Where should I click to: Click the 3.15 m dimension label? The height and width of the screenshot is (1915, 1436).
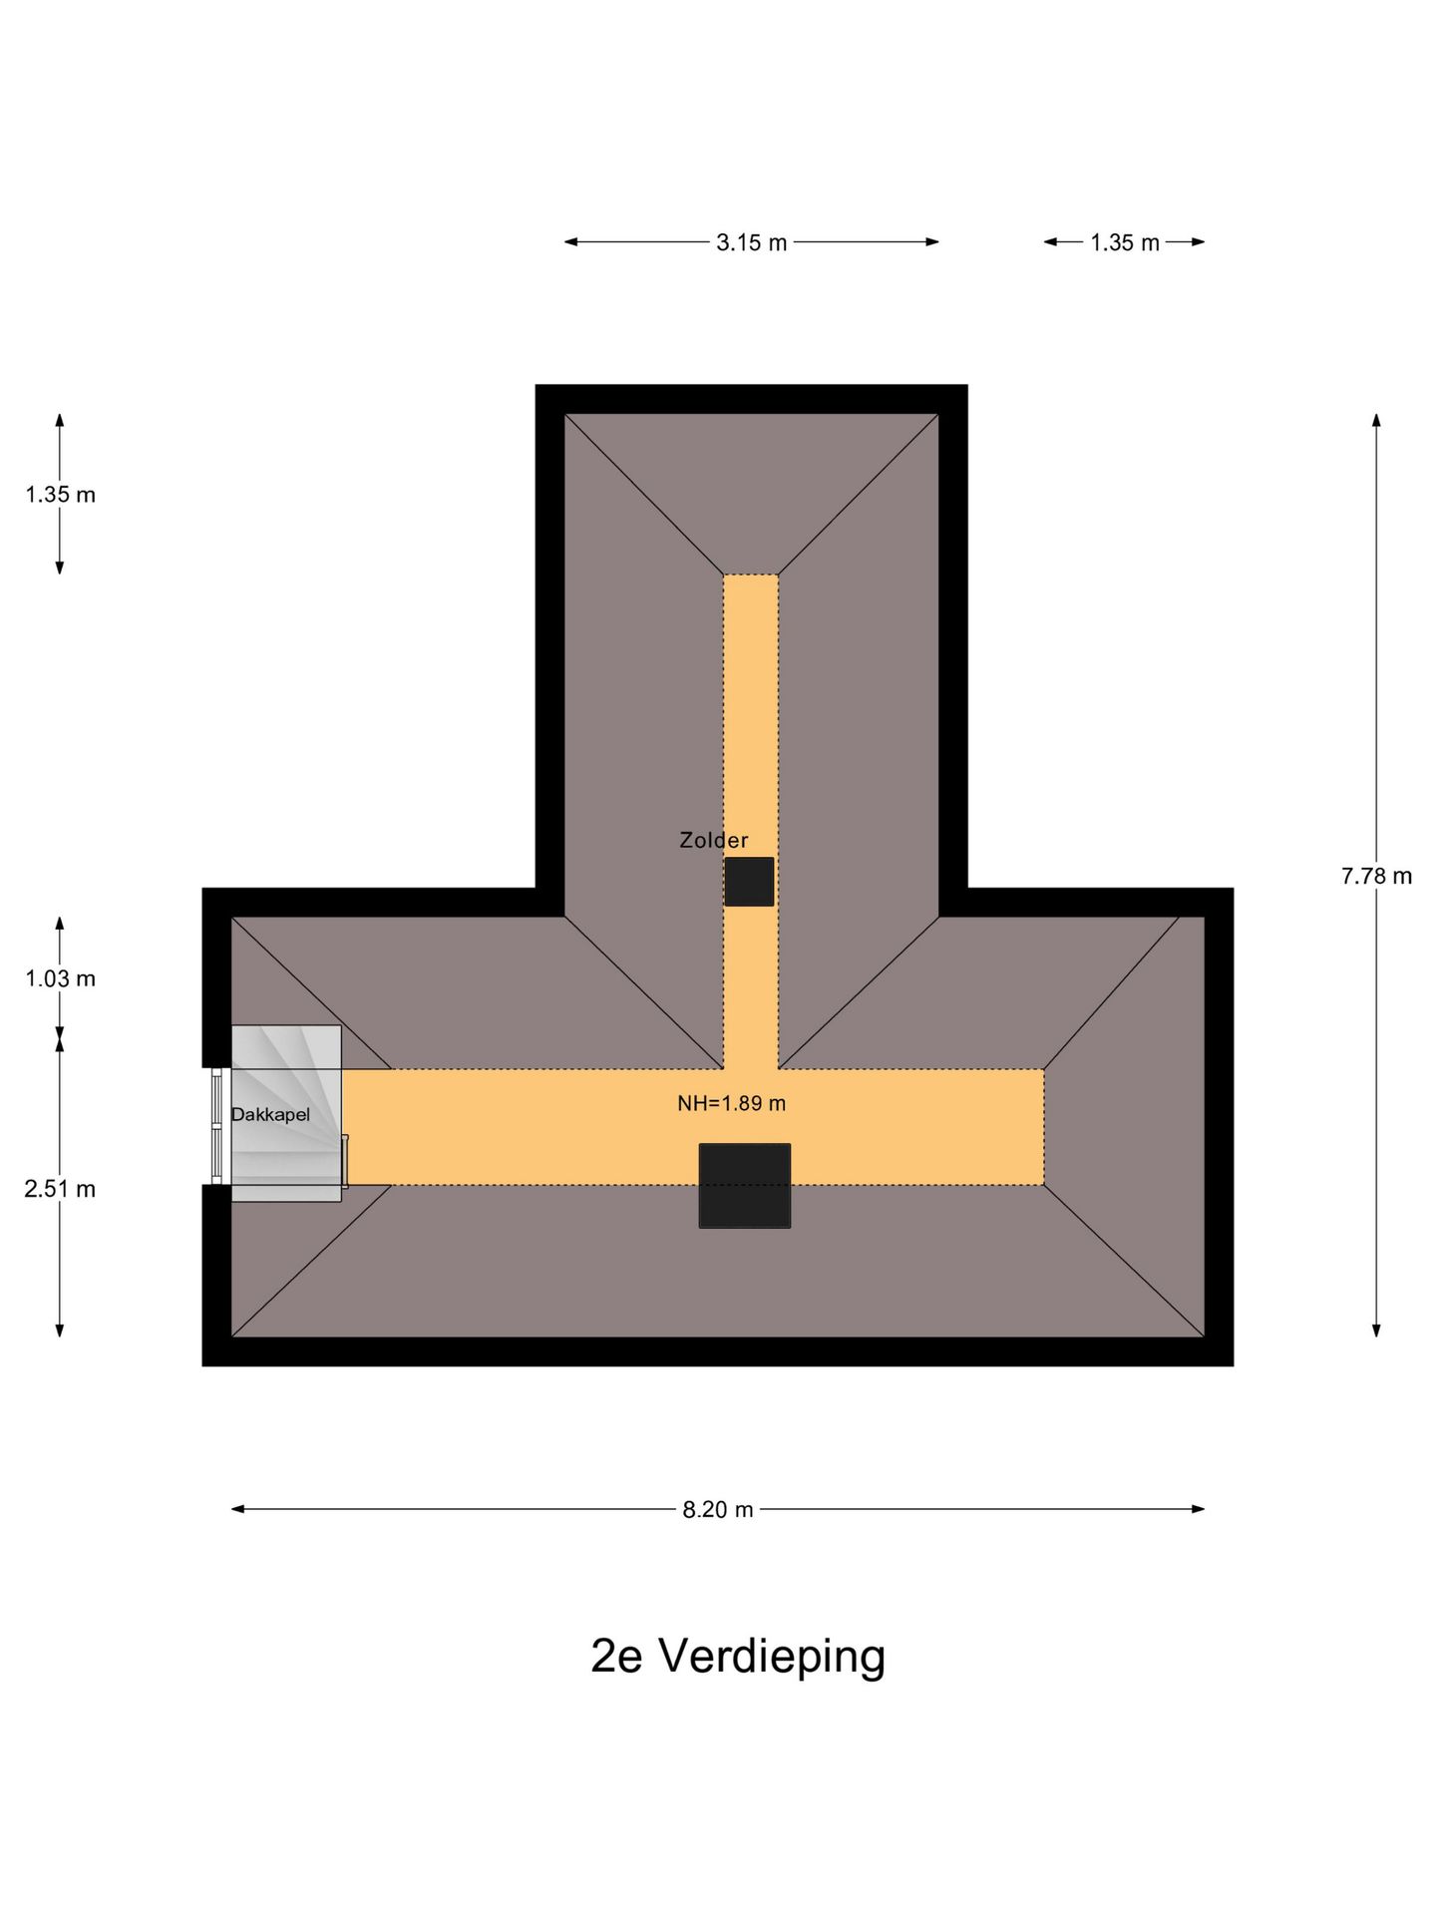pos(751,242)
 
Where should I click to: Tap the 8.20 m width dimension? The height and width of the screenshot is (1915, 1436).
pos(718,1509)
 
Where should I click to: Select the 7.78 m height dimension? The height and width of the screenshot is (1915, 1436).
pos(1376,876)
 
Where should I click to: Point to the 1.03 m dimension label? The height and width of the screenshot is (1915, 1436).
pos(61,978)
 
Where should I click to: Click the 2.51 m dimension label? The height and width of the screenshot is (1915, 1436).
pos(60,1189)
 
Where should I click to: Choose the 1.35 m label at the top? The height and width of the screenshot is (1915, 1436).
pos(1125,242)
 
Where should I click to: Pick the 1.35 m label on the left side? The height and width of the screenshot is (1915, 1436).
pos(61,495)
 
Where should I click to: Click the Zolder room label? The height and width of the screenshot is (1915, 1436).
pos(714,841)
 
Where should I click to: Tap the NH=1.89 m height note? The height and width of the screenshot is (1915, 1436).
pos(732,1103)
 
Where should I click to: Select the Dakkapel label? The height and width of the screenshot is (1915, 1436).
pos(270,1115)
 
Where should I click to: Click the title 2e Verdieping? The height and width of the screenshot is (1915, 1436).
pos(738,1657)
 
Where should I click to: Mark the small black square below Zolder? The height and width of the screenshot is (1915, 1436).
pos(749,882)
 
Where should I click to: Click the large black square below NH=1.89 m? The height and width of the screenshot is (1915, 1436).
pos(745,1186)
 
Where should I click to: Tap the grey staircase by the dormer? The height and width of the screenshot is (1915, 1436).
pos(287,1113)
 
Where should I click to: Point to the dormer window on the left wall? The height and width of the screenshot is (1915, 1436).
pos(217,1127)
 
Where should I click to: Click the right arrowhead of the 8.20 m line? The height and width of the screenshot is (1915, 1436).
pos(1199,1509)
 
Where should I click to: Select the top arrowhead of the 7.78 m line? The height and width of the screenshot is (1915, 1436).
pos(1376,420)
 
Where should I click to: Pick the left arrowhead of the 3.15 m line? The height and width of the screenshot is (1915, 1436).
pos(571,241)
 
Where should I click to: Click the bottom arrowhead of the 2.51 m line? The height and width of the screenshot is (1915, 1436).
pos(60,1330)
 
